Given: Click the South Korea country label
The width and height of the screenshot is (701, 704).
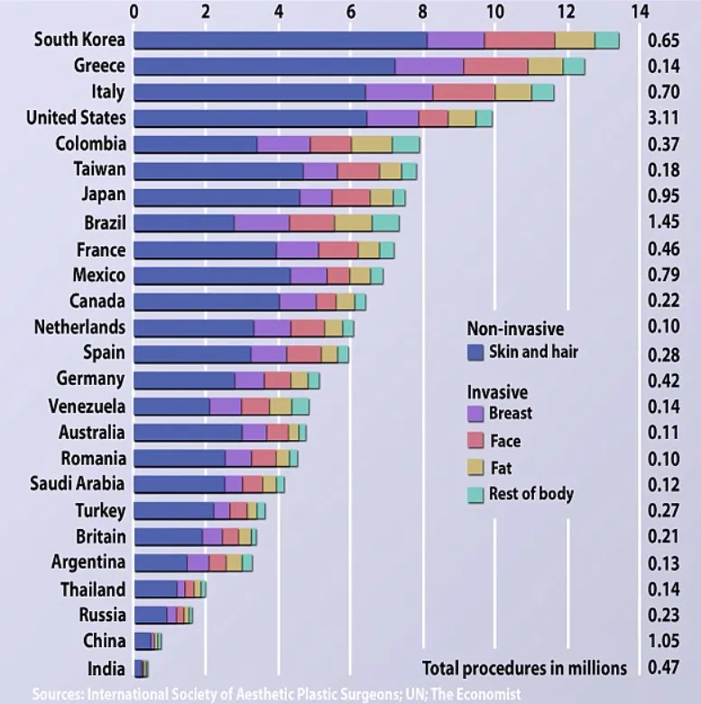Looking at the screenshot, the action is [x=79, y=40].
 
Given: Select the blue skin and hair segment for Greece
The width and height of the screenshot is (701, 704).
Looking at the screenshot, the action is [x=264, y=67].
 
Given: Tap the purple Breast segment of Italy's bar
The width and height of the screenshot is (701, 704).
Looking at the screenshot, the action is [x=399, y=93].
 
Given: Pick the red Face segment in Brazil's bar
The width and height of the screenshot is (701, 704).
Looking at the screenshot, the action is [x=312, y=224].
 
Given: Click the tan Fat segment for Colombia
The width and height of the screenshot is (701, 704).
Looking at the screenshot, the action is [x=372, y=144].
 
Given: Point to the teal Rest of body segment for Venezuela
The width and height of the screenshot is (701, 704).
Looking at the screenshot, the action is [x=300, y=407].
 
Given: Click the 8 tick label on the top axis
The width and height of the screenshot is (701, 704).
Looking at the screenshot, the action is [x=422, y=12].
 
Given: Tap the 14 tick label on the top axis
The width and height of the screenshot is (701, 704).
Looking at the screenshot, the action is [x=640, y=12].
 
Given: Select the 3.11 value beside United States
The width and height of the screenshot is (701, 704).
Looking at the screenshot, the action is [x=663, y=117].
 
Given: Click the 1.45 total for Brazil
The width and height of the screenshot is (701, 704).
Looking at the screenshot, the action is [x=663, y=222].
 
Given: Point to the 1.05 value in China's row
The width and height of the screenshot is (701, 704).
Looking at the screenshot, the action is [x=663, y=641].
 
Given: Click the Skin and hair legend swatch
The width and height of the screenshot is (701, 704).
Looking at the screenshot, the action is [x=475, y=352].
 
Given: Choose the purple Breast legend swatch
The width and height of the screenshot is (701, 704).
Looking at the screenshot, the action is [x=475, y=414].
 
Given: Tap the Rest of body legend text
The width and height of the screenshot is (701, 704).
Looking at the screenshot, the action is [x=531, y=494].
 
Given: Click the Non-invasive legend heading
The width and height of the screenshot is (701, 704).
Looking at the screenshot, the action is [x=515, y=329].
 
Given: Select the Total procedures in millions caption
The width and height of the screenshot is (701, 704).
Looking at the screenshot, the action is [x=524, y=668].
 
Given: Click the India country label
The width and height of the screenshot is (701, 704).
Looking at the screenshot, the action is [x=106, y=669].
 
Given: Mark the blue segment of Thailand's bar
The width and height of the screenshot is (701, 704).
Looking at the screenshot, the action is [x=155, y=589].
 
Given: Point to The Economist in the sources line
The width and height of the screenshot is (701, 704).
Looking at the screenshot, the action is [x=475, y=694].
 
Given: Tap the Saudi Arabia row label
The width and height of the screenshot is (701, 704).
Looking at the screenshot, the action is [x=78, y=484].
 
